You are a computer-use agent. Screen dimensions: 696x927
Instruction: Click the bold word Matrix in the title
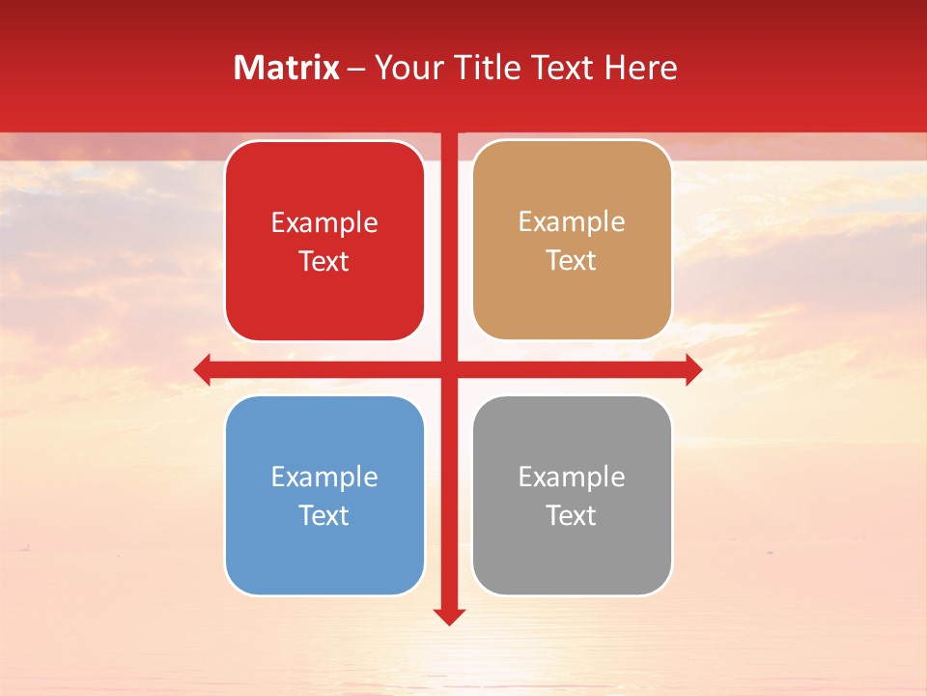287,68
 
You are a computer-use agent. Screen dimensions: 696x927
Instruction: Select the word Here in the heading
640,68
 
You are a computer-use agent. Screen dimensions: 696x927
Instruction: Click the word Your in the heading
406,68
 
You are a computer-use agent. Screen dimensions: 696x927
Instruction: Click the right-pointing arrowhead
693,369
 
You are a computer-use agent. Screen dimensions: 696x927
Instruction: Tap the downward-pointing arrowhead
449,616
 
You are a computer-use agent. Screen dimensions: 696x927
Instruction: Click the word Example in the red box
324,223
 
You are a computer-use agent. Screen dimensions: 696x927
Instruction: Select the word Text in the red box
324,262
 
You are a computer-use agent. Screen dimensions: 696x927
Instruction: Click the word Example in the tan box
572,222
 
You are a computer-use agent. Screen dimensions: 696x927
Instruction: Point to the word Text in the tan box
572,261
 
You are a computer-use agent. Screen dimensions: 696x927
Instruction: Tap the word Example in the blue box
324,478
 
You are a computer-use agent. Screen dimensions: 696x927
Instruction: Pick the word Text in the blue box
324,516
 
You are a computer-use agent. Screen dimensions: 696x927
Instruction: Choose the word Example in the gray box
572,478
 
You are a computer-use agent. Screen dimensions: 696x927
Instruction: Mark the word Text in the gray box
572,516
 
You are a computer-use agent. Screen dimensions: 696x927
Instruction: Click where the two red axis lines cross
449,369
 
